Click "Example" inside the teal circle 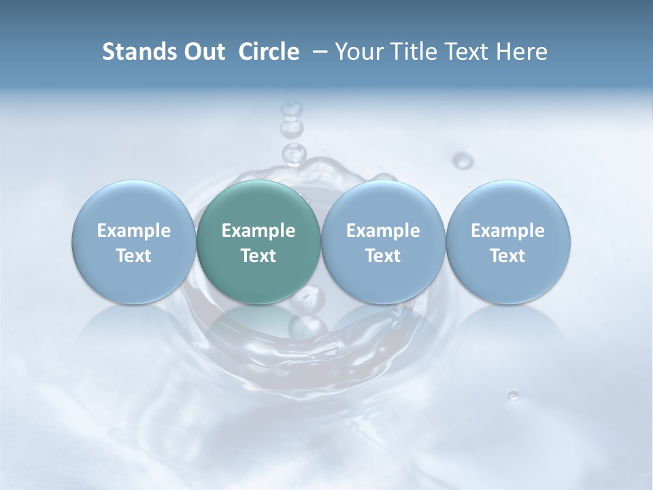pos(258,231)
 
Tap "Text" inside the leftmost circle pos(134,256)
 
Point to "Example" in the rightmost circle pos(507,231)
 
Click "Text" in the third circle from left pos(383,256)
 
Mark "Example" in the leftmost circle pos(134,231)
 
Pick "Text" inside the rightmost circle pos(507,256)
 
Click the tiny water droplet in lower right pos(514,395)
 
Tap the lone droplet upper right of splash pos(463,161)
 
